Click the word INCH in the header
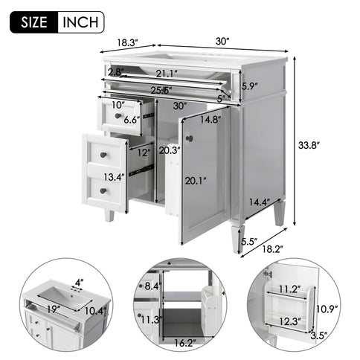coord(80,22)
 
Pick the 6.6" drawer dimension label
coord(132,119)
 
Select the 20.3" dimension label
coord(169,150)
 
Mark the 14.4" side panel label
coord(259,202)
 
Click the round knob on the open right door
coord(189,139)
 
